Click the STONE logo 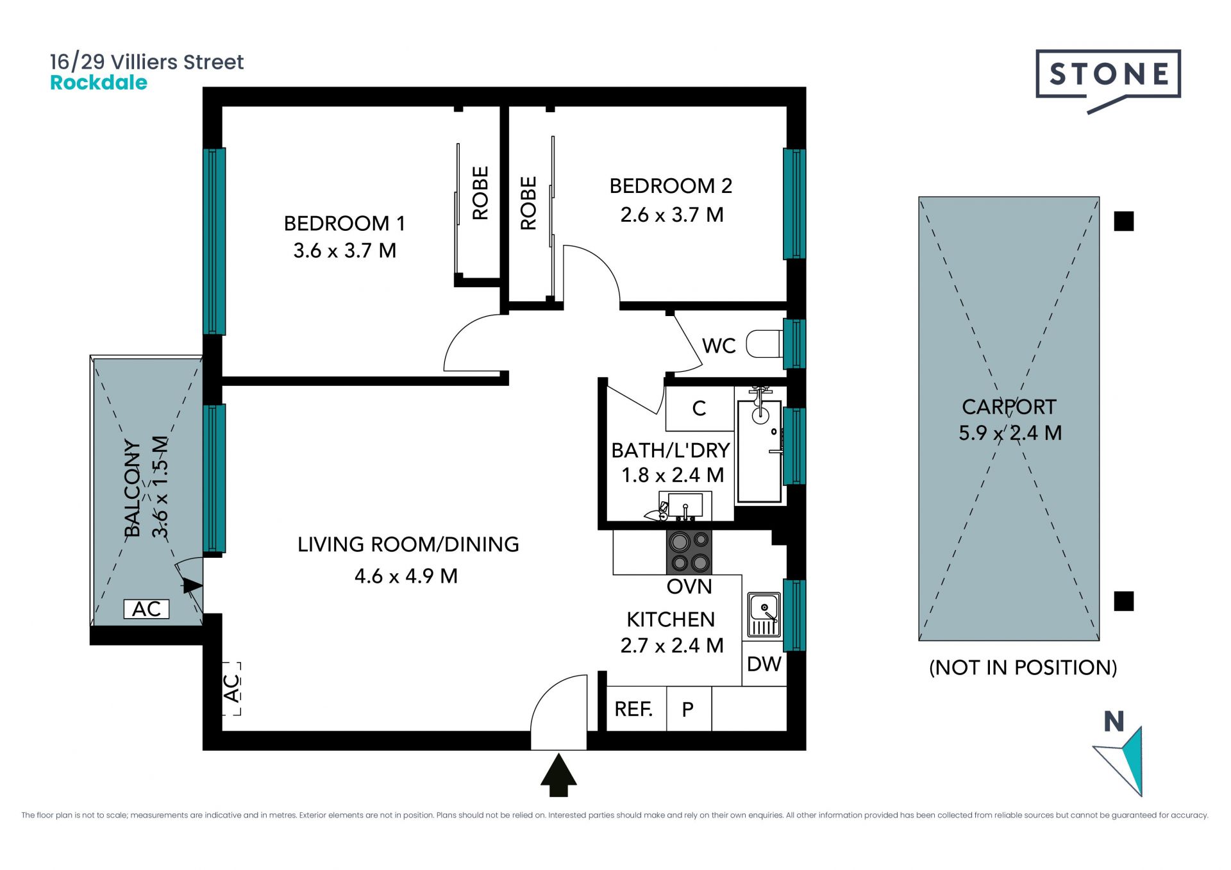tap(1108, 77)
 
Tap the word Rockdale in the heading tap(99, 83)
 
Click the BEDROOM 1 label tap(344, 223)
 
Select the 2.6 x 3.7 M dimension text tap(671, 214)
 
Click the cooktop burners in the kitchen tap(689, 552)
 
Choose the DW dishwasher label tap(764, 664)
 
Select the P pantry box tap(689, 708)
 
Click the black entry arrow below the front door tap(558, 774)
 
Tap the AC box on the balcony tap(146, 608)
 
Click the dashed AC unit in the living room tap(231, 689)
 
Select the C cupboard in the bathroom tap(699, 408)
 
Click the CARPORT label tap(1009, 406)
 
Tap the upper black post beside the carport tap(1123, 221)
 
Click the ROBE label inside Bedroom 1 tap(480, 193)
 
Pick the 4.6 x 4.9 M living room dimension tap(406, 576)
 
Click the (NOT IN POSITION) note tap(1023, 667)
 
